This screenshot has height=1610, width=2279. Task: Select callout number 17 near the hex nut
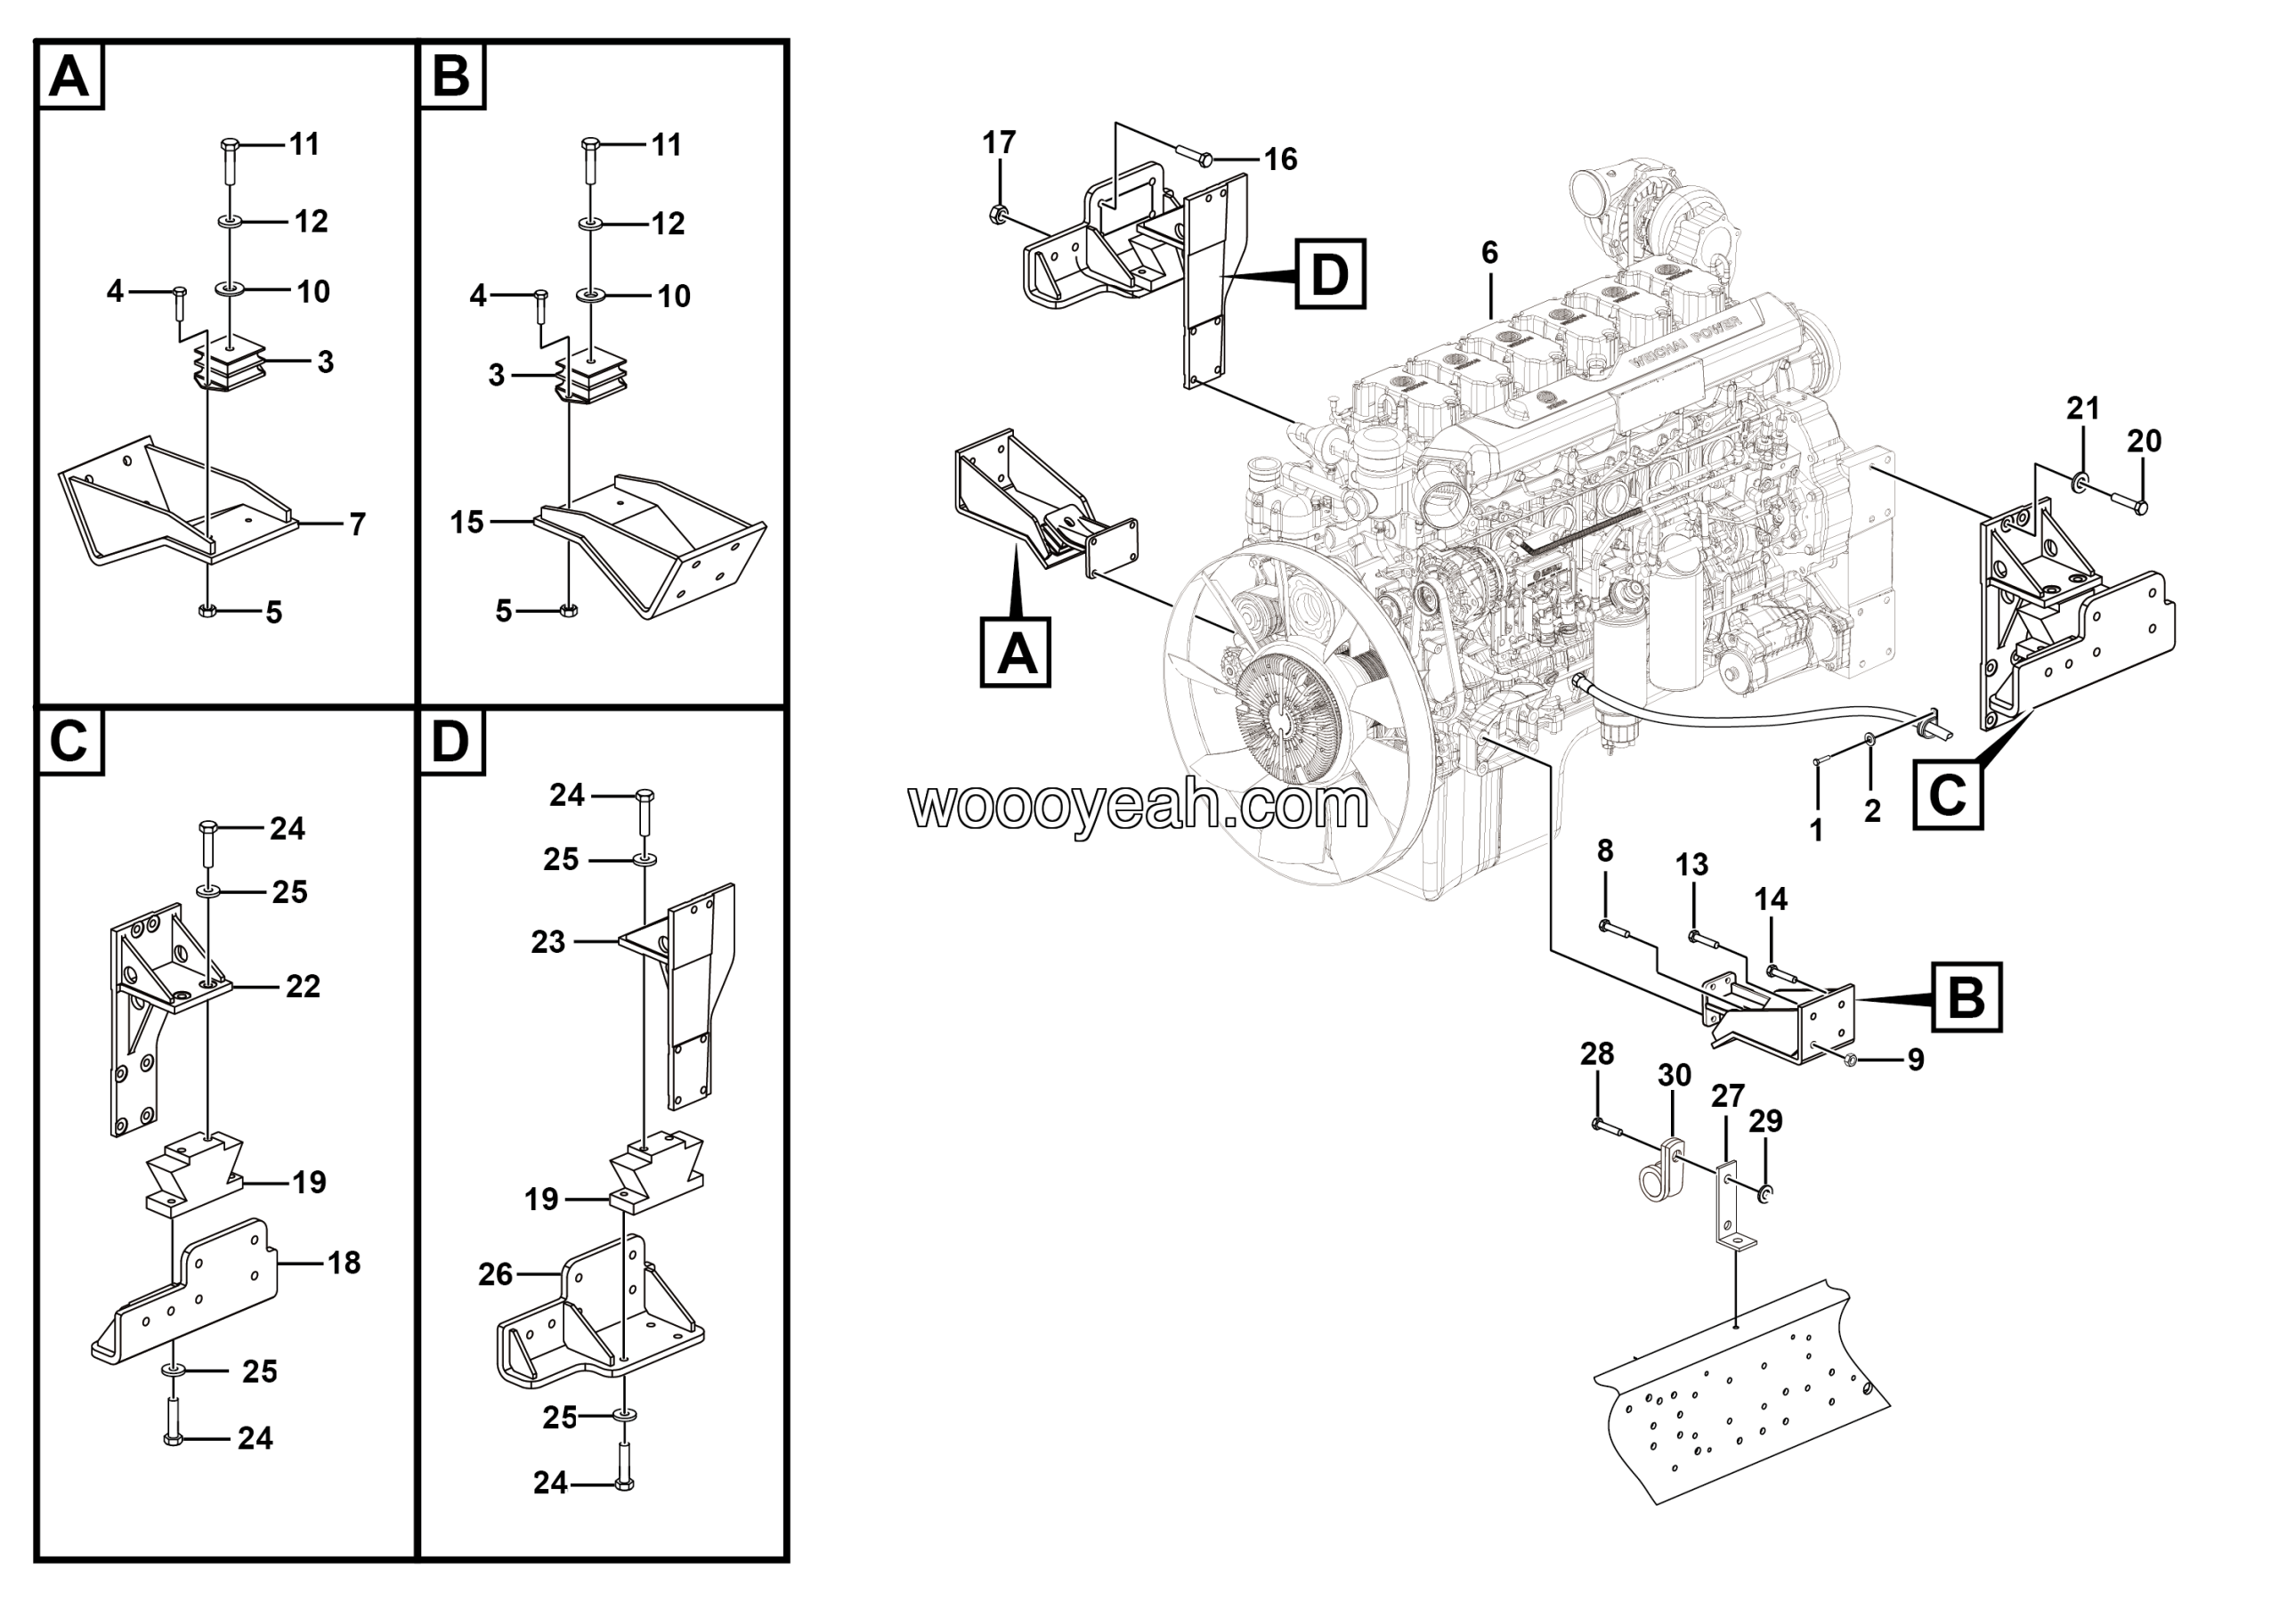(x=999, y=143)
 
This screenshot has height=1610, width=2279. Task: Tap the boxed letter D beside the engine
(x=1329, y=274)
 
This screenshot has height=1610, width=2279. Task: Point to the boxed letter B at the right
(x=1966, y=997)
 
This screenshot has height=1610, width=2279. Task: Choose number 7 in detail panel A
(x=357, y=524)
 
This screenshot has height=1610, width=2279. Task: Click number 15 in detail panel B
(x=466, y=521)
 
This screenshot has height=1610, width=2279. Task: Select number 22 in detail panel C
(x=303, y=986)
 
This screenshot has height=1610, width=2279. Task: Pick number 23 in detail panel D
(x=547, y=941)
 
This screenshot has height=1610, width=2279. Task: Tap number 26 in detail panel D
(x=495, y=1273)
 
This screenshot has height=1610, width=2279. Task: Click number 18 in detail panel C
(x=345, y=1263)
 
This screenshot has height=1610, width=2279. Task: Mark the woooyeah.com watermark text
(x=1139, y=806)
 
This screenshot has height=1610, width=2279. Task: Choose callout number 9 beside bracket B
(x=1916, y=1060)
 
